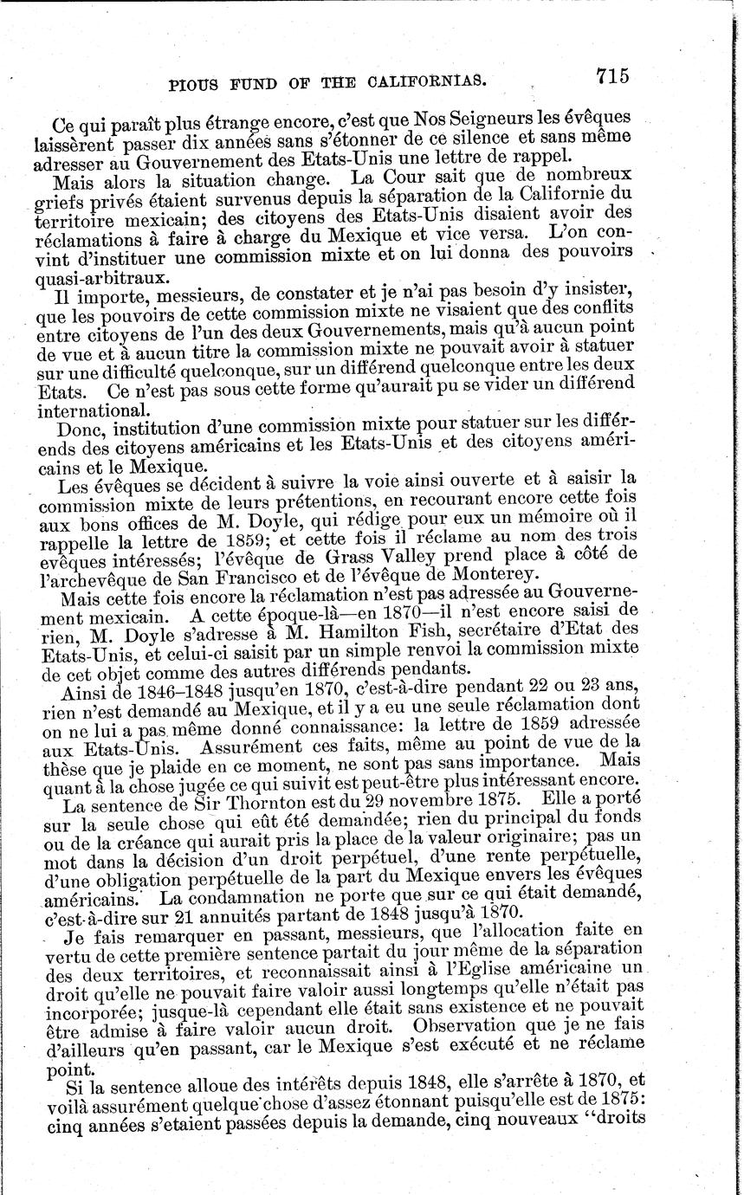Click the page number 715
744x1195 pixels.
(x=611, y=75)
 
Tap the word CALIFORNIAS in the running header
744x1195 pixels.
(x=424, y=82)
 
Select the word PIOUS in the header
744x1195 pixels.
(x=195, y=85)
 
